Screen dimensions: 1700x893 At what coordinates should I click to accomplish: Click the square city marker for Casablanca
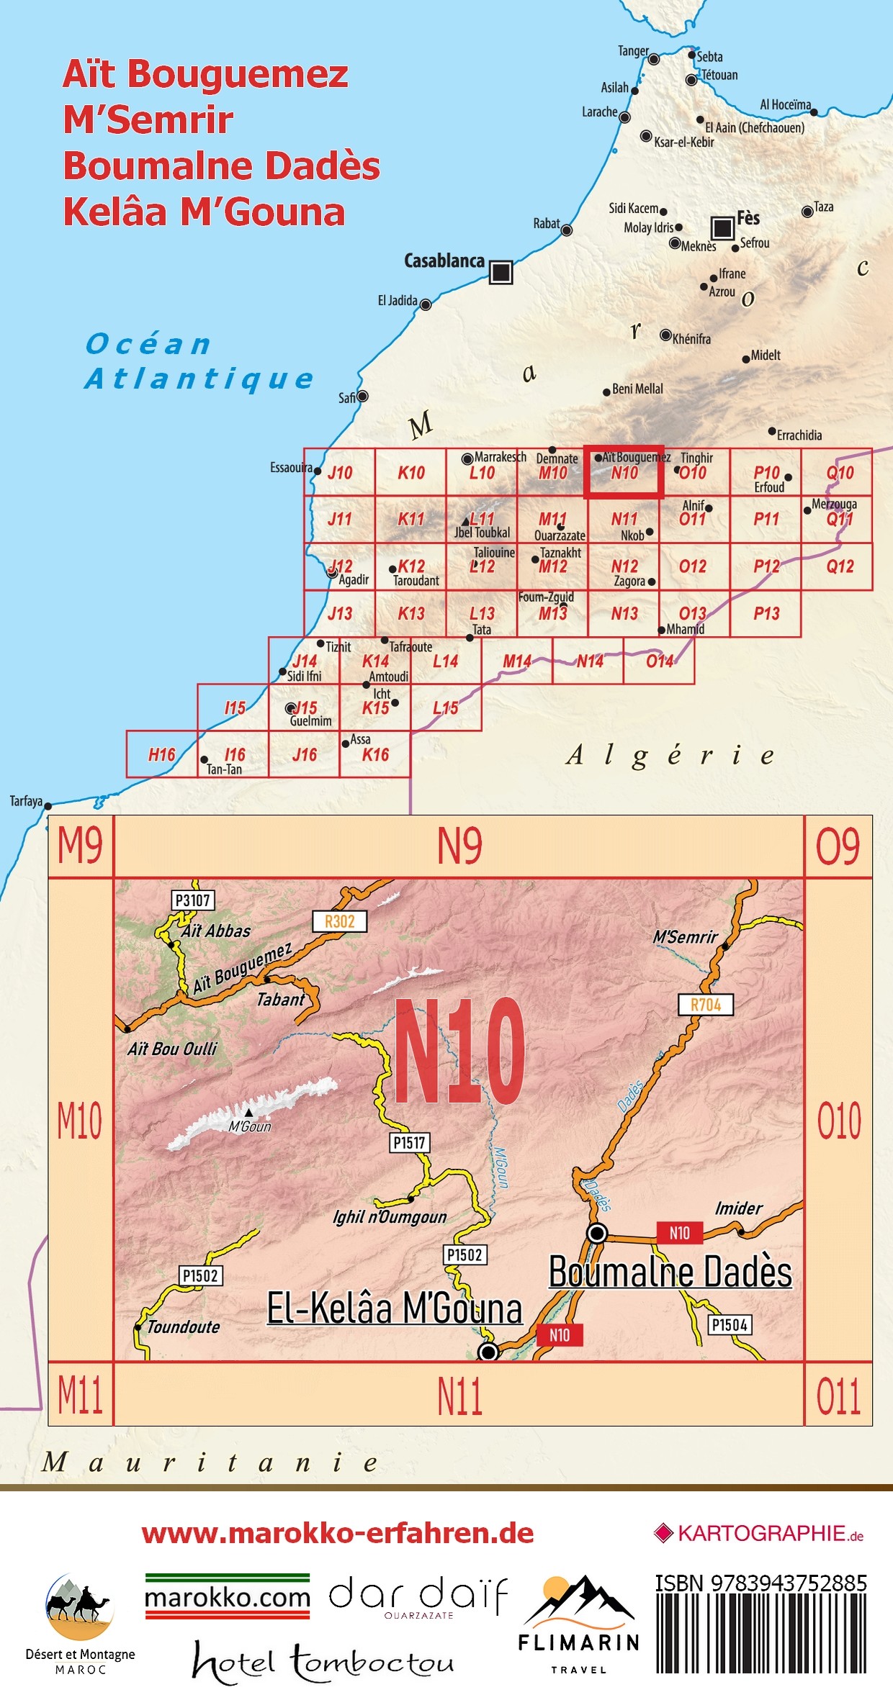click(x=501, y=272)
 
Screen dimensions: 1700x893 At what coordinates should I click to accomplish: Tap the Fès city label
click(x=748, y=218)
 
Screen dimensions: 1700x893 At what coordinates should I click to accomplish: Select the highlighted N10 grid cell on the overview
click(x=624, y=472)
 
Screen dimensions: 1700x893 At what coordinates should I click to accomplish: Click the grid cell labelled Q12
click(x=839, y=566)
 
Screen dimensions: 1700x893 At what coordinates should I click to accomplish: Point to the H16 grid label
click(x=161, y=754)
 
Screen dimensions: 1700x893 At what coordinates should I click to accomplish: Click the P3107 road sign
click(x=193, y=900)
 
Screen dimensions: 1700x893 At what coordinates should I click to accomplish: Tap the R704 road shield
click(x=706, y=1005)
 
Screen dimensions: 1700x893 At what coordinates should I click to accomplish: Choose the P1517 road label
click(x=409, y=1142)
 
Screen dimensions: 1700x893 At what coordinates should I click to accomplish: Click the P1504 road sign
click(x=730, y=1325)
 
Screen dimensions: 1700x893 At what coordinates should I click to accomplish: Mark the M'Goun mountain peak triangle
click(x=249, y=1113)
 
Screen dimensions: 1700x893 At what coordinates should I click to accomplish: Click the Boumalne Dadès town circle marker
click(x=597, y=1233)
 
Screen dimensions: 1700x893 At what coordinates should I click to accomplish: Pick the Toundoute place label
click(x=184, y=1326)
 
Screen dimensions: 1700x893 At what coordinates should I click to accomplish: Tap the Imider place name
click(x=738, y=1208)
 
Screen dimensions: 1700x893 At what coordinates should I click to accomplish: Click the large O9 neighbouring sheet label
click(x=838, y=846)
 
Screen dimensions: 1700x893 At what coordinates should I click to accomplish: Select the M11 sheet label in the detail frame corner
click(x=80, y=1395)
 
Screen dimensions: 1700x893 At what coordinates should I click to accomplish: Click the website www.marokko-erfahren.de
click(x=338, y=1534)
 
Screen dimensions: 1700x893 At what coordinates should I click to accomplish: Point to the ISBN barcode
click(x=761, y=1633)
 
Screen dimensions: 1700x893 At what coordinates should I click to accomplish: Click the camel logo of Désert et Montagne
click(x=80, y=1606)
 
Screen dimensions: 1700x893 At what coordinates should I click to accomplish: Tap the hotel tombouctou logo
click(x=323, y=1662)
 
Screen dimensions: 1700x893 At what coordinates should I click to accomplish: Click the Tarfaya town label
click(x=26, y=801)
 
